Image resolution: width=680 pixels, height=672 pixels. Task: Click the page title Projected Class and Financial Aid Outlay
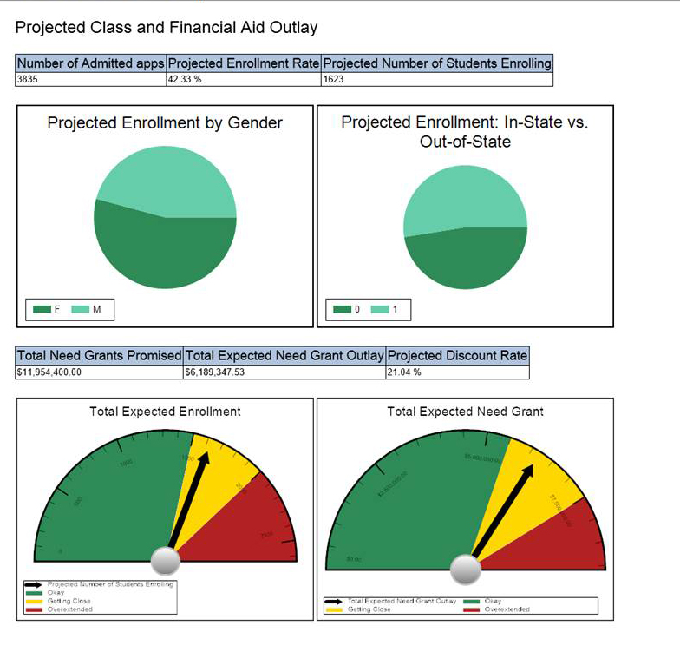(x=167, y=28)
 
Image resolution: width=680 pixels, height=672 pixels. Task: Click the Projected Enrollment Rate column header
(x=243, y=63)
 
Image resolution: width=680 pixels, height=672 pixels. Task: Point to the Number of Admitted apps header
(x=91, y=63)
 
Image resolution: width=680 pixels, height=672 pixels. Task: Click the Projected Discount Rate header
(x=457, y=356)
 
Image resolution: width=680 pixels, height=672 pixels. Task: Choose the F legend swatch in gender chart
(x=41, y=310)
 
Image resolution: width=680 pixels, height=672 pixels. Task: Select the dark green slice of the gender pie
(x=165, y=256)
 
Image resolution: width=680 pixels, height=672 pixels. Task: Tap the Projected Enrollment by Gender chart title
(x=165, y=123)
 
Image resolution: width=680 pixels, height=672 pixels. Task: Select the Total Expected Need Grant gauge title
(x=465, y=412)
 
